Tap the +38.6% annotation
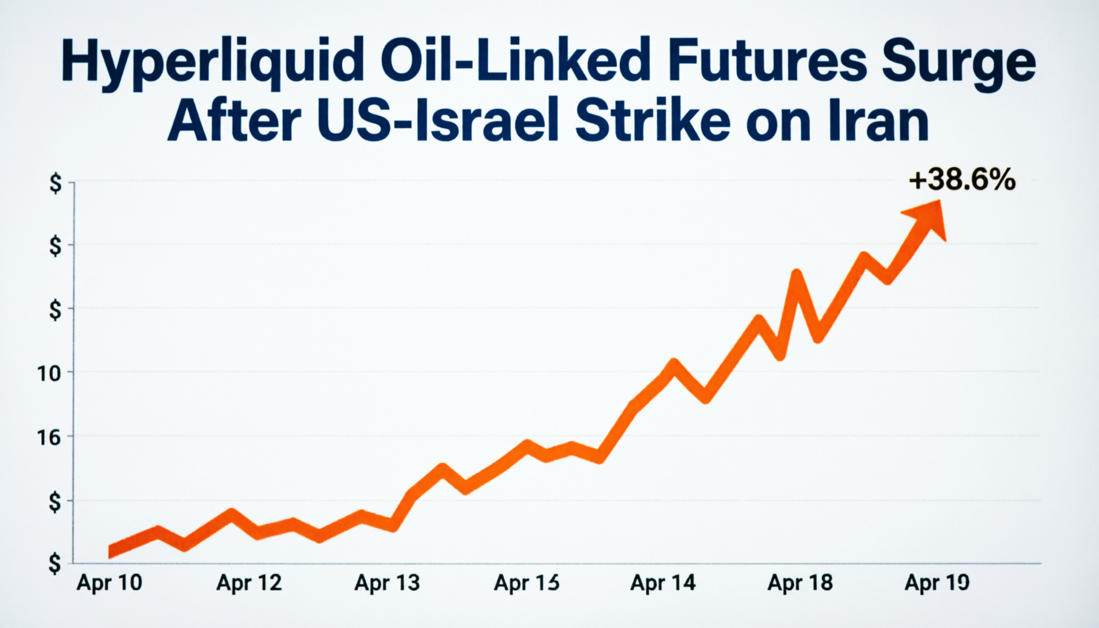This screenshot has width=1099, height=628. tap(962, 180)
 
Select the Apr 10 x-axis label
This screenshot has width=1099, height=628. tap(109, 583)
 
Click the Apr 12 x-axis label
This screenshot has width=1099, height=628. tap(249, 583)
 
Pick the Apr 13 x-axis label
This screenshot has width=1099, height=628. tap(387, 583)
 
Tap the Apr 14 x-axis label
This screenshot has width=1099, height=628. tap(663, 583)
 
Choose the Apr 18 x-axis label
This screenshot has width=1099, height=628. tap(800, 583)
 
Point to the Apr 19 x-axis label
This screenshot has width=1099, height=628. tap(937, 583)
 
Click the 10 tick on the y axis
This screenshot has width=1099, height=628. tap(49, 374)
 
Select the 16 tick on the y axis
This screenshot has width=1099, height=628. tap(49, 438)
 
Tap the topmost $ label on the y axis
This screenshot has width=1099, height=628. tap(55, 184)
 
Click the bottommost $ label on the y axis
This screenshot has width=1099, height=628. tap(54, 564)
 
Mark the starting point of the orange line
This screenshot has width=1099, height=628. tap(110, 552)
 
